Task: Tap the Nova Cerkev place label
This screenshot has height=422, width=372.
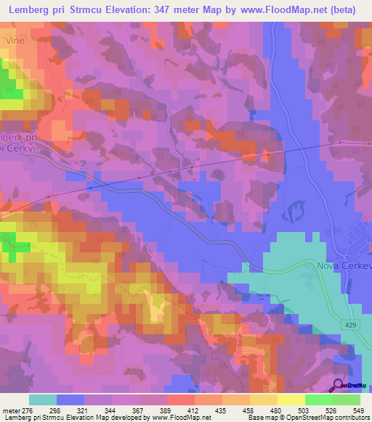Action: click(x=344, y=265)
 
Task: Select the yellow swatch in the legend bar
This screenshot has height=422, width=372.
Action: click(x=291, y=400)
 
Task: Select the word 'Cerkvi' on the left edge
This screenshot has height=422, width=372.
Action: click(x=15, y=129)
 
